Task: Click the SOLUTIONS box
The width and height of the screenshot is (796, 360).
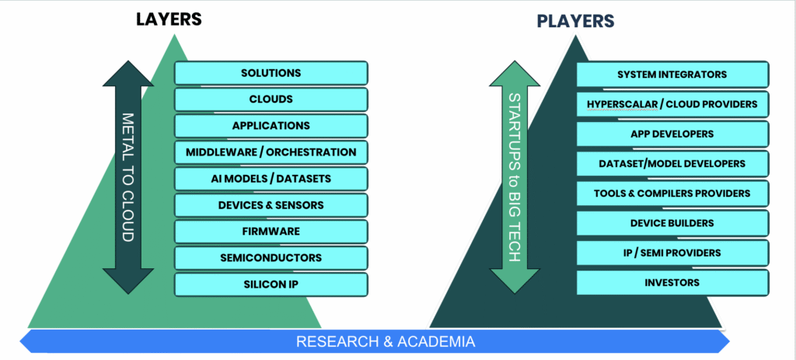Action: (x=271, y=73)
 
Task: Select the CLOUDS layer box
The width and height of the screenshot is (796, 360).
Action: (x=271, y=100)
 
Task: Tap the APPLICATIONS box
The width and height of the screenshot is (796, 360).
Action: (x=271, y=126)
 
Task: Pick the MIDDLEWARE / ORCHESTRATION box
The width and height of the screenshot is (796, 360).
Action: (x=271, y=152)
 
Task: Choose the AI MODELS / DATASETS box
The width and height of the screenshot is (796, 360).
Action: (x=271, y=179)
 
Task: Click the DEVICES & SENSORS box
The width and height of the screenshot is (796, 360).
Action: (x=271, y=205)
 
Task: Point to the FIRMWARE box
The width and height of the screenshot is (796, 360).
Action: (x=271, y=232)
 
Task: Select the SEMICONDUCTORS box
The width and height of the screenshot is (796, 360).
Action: (x=271, y=258)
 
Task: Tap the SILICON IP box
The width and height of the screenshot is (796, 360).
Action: (x=271, y=285)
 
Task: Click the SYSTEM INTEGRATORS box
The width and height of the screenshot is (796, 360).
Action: (x=672, y=75)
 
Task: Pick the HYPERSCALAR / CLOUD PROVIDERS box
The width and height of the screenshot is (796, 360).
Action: (x=672, y=104)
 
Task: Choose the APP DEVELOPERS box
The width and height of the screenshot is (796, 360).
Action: (x=672, y=134)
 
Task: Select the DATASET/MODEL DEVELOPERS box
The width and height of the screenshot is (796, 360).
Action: (x=672, y=163)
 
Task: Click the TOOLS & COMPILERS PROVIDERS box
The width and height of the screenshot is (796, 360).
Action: (x=672, y=193)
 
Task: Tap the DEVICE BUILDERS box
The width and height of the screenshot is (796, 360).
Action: (x=672, y=223)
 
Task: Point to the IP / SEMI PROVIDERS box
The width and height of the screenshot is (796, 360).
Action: (x=672, y=253)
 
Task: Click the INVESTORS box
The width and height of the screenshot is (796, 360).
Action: (x=672, y=282)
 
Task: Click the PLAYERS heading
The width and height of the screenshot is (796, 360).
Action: (x=575, y=21)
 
